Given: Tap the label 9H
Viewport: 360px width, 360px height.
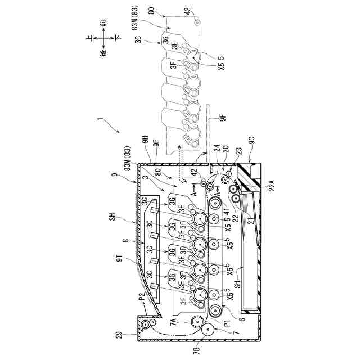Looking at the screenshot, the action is pos(146,140).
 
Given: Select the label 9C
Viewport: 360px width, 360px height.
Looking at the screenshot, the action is pos(251,140).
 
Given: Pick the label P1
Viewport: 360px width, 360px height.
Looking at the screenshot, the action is pos(227,324).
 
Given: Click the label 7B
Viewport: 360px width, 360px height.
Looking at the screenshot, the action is pos(197,350).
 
